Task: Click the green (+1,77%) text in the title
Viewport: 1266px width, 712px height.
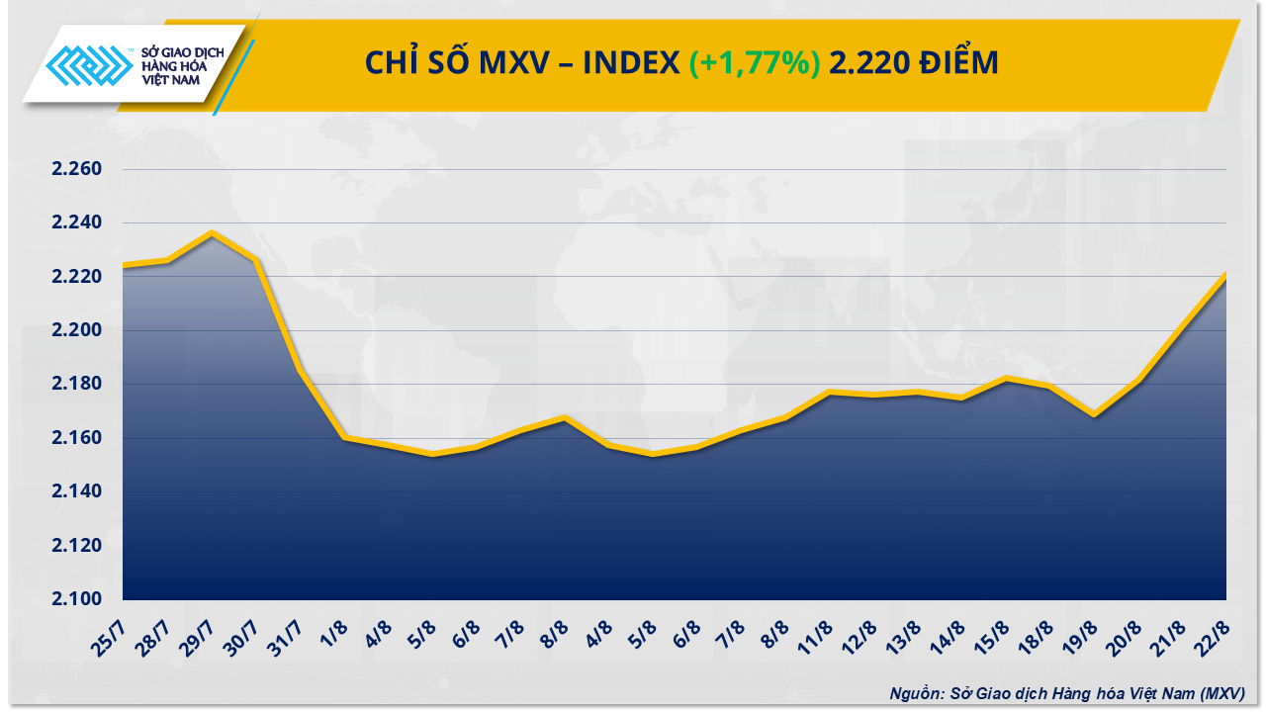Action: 755,63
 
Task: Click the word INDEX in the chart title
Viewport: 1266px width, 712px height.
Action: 630,63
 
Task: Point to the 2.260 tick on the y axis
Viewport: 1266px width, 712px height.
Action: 77,169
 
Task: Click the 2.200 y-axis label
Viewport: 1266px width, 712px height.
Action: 77,330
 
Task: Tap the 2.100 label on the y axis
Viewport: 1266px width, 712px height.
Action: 77,599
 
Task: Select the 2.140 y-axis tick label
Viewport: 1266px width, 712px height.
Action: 77,491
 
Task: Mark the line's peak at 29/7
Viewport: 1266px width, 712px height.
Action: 211,233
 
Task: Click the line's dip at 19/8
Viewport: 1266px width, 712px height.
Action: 1094,415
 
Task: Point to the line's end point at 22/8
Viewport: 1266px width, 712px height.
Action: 1226,274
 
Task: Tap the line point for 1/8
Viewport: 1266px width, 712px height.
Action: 342,437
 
